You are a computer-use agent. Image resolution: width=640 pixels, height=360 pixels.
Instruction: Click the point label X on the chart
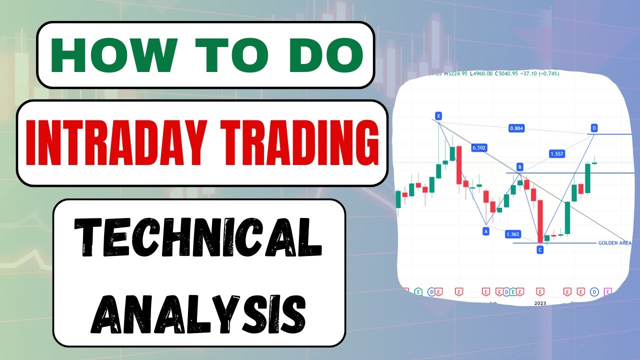438,116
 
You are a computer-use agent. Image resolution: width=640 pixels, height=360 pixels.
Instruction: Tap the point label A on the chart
485,231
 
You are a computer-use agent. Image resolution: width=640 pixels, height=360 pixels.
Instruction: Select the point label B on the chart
520,166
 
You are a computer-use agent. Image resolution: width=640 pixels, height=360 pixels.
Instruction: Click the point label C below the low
540,249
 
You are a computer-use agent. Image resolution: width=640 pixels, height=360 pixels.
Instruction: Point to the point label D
594,128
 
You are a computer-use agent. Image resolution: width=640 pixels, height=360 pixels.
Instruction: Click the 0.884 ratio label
516,128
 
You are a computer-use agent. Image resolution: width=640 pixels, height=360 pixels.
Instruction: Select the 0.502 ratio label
478,148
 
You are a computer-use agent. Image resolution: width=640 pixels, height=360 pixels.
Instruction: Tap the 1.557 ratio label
556,154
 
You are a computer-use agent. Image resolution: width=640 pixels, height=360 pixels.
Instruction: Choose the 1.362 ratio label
512,234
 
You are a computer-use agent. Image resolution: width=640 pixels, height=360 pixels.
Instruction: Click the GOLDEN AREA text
614,243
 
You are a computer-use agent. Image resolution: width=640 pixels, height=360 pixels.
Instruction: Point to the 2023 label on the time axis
540,303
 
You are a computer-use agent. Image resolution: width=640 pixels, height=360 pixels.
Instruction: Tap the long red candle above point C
540,220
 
